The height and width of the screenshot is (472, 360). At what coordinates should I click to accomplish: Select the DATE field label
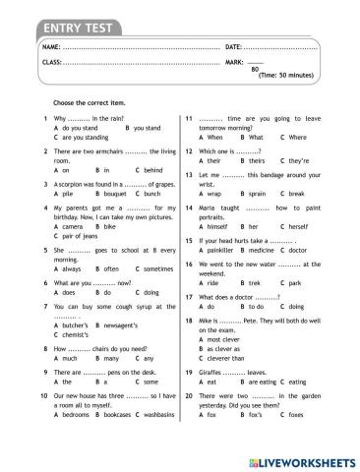tap(233, 47)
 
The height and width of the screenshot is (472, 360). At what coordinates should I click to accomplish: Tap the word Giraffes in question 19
tap(213, 373)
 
